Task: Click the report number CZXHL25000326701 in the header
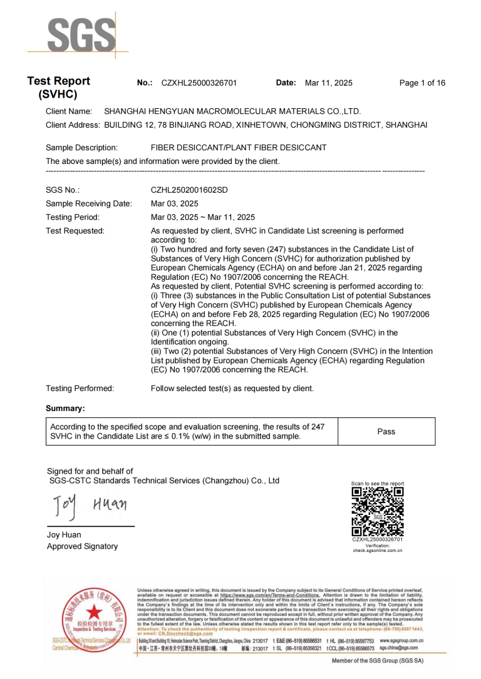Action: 199,83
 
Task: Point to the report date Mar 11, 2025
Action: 328,83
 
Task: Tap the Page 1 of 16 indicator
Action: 422,83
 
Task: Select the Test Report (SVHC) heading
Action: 58,88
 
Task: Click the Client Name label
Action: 69,111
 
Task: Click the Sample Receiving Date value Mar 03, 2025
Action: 175,204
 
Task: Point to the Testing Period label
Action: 73,218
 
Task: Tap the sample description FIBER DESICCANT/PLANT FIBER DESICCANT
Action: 239,148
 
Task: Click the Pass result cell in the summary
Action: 386,431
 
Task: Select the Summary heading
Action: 65,409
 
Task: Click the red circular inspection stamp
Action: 91,619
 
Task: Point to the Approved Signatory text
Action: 82,546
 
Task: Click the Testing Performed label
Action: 80,389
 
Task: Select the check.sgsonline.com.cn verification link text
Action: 377,551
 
